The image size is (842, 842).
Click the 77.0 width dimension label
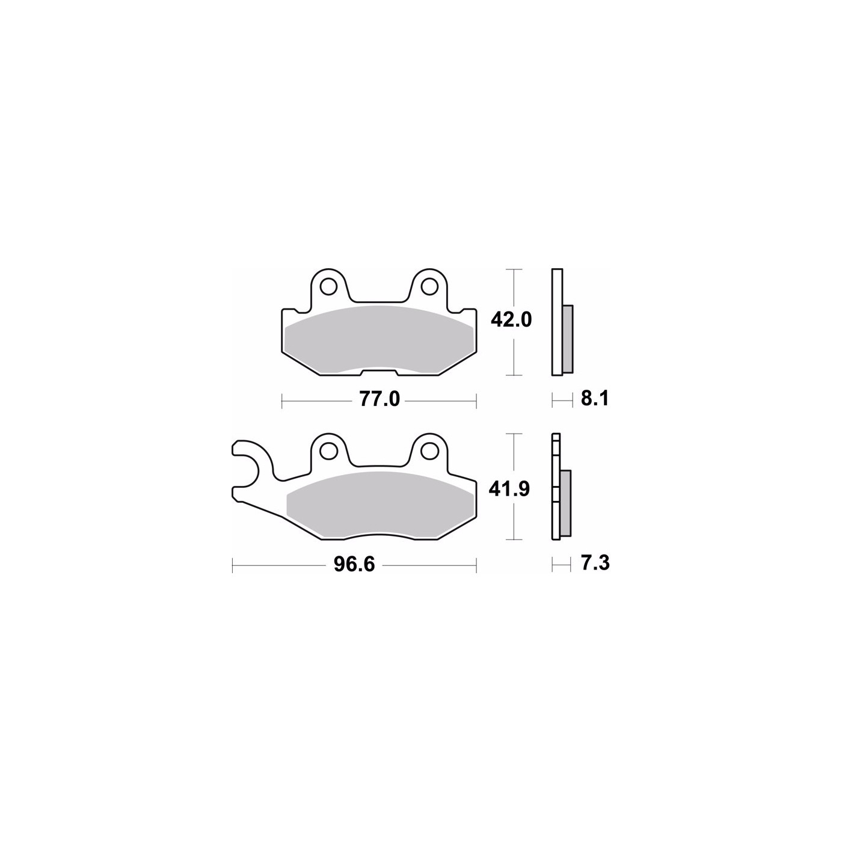pos(380,399)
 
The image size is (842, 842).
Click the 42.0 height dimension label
pos(511,321)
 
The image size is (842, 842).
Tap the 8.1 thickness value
pos(594,399)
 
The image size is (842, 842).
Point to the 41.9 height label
pos(509,490)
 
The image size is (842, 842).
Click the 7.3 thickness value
pos(595,563)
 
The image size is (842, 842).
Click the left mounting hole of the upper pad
pos(328,287)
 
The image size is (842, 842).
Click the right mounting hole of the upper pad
pos(429,287)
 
